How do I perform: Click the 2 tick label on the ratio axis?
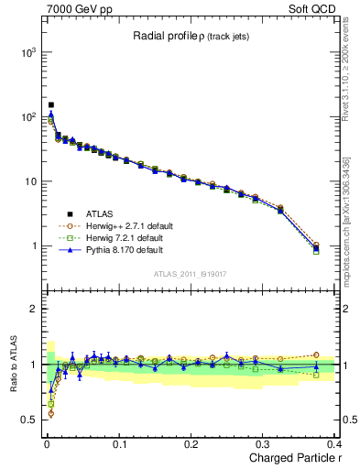33,309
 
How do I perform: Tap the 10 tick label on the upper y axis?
29,181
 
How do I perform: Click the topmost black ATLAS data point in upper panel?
51,105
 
